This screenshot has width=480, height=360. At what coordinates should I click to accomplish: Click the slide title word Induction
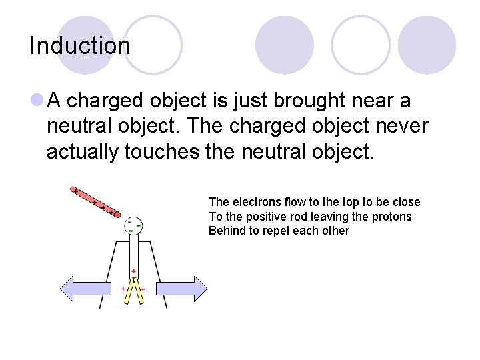(80, 46)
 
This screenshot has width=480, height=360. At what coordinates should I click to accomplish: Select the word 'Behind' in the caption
(226, 231)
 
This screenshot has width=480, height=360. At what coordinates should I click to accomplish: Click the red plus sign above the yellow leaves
(134, 271)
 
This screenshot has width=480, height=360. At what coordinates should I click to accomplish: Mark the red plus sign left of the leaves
(123, 289)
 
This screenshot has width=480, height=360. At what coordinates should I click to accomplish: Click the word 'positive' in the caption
(271, 217)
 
